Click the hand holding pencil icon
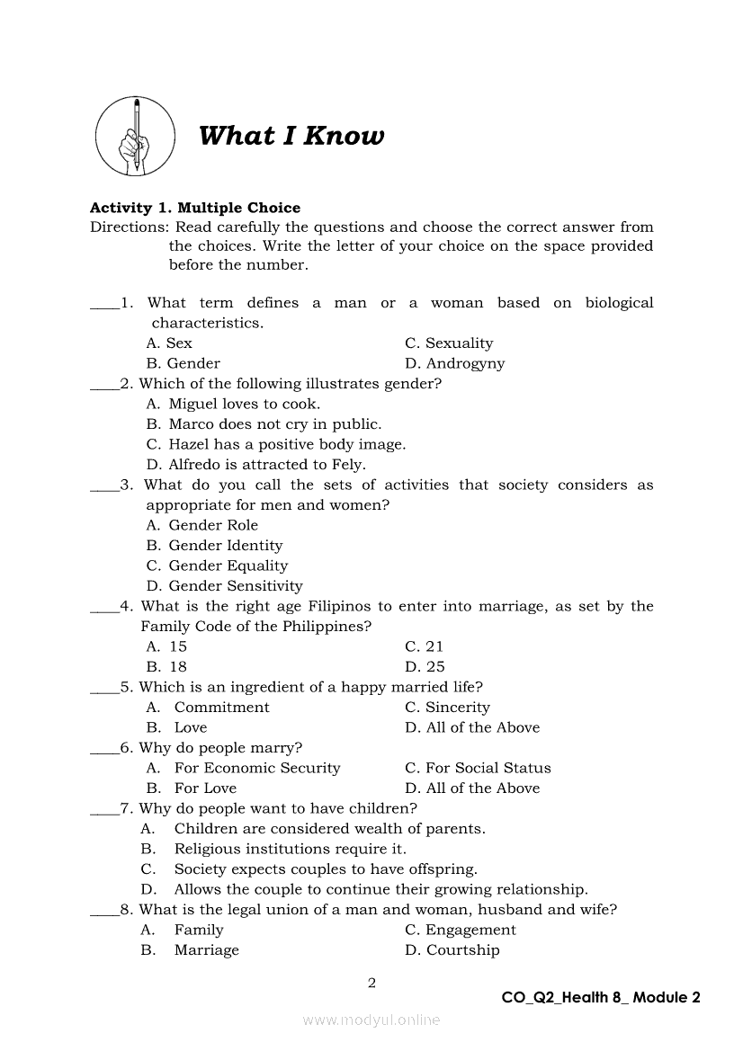(x=135, y=136)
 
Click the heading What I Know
(x=291, y=136)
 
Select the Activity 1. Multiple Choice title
(x=195, y=208)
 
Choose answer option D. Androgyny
(x=454, y=363)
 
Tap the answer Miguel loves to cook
(x=233, y=404)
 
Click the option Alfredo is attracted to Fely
(x=255, y=464)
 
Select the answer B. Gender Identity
(x=214, y=545)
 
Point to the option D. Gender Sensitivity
(x=224, y=585)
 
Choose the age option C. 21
(x=425, y=646)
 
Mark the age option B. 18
(x=166, y=666)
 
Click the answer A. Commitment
(x=208, y=707)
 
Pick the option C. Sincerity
(x=447, y=707)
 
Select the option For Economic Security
(x=244, y=768)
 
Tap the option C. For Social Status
(x=478, y=768)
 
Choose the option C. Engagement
(x=461, y=930)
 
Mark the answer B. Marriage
(x=190, y=949)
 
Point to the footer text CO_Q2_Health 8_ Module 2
(x=601, y=996)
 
